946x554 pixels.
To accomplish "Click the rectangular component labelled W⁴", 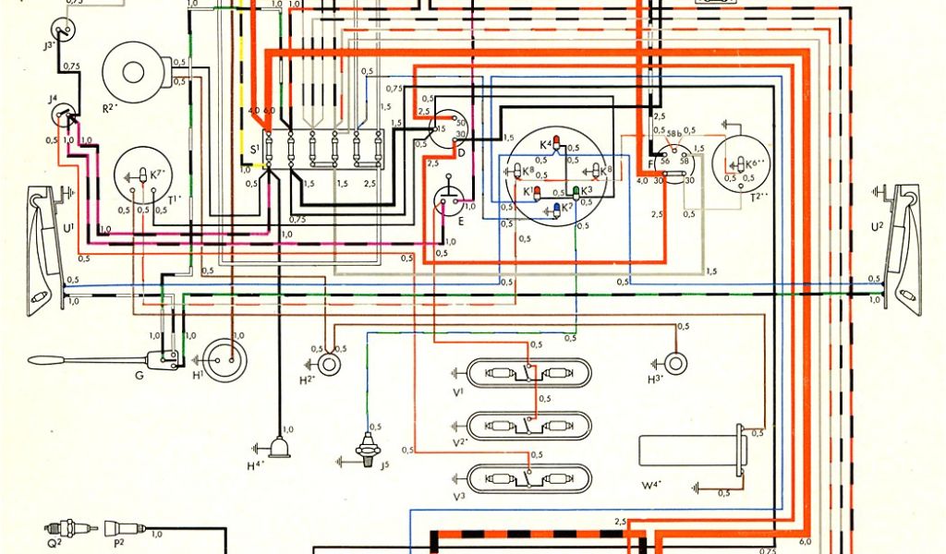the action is pyautogui.click(x=688, y=452).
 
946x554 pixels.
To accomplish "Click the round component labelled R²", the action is pyautogui.click(x=136, y=71).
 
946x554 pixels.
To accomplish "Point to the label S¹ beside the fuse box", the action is pyautogui.click(x=254, y=149).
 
